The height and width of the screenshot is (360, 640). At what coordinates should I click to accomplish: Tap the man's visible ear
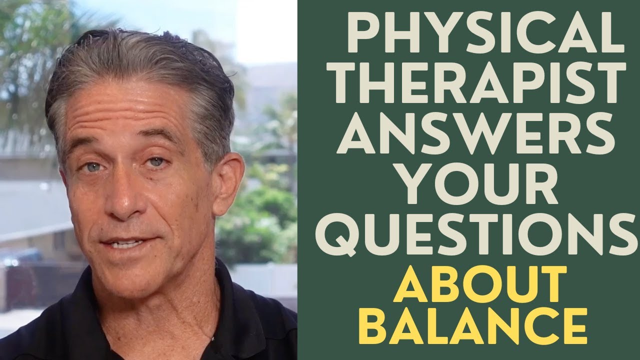coord(227,184)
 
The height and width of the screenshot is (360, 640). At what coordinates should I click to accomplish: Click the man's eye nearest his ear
coord(157,162)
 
